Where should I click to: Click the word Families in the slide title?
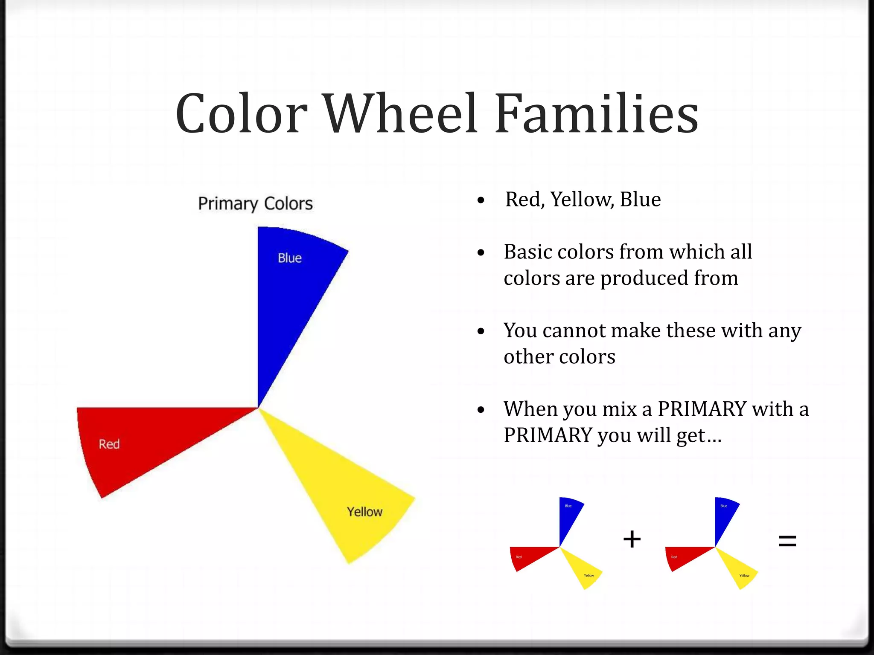(597, 114)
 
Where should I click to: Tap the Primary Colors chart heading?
(255, 204)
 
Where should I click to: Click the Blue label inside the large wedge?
(289, 258)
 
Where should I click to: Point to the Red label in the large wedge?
(109, 444)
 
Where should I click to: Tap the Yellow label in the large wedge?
(364, 512)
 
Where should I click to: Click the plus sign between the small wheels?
(632, 539)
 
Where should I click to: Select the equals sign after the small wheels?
(787, 542)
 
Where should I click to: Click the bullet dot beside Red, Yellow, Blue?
(481, 200)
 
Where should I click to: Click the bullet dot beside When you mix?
(481, 410)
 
